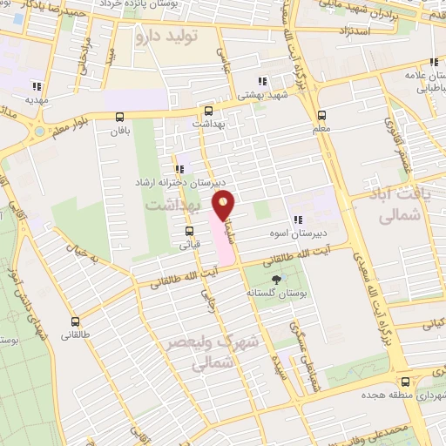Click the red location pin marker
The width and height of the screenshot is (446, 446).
click(x=225, y=206)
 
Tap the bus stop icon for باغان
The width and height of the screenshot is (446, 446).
click(x=119, y=117)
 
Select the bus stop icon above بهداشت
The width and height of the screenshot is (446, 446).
click(x=208, y=111)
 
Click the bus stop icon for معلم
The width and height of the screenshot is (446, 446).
click(x=322, y=114)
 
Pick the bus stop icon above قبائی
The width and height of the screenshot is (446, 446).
click(x=189, y=231)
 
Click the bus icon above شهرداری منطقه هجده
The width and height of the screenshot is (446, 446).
click(x=404, y=381)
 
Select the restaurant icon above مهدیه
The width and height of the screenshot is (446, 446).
click(x=37, y=85)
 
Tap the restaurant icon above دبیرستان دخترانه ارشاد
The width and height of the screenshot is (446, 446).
click(x=179, y=169)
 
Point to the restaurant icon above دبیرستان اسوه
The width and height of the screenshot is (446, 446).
click(x=298, y=220)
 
